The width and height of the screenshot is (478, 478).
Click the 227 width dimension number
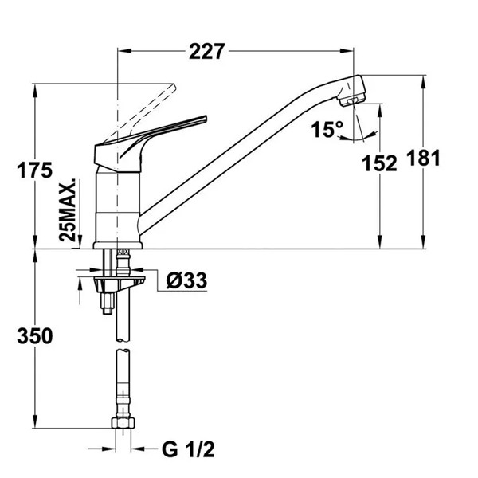pyautogui.click(x=207, y=52)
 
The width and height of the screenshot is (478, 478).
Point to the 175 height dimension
pyautogui.click(x=34, y=170)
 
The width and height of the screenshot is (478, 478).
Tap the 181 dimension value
pyautogui.click(x=424, y=158)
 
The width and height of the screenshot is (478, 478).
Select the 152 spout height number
pyautogui.click(x=379, y=163)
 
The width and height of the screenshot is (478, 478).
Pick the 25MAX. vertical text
pyautogui.click(x=68, y=209)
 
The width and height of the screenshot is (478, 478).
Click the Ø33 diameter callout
pyautogui.click(x=186, y=280)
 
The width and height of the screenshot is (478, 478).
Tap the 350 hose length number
pyautogui.click(x=35, y=336)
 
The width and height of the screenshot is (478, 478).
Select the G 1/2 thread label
pyautogui.click(x=188, y=449)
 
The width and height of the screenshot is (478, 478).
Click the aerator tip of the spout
pyautogui.click(x=352, y=101)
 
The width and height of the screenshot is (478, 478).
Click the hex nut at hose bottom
pyautogui.click(x=123, y=423)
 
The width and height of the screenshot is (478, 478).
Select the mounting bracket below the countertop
pyautogui.click(x=119, y=284)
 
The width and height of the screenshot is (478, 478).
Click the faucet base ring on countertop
pyautogui.click(x=118, y=245)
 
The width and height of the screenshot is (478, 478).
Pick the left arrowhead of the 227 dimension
pyautogui.click(x=124, y=51)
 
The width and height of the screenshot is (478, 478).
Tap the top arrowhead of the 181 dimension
pyautogui.click(x=423, y=82)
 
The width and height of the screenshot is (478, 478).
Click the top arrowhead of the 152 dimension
pyautogui.click(x=380, y=111)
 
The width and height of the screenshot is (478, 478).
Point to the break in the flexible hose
pyautogui.click(x=123, y=345)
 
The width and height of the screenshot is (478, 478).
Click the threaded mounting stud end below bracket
pyautogui.click(x=107, y=311)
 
